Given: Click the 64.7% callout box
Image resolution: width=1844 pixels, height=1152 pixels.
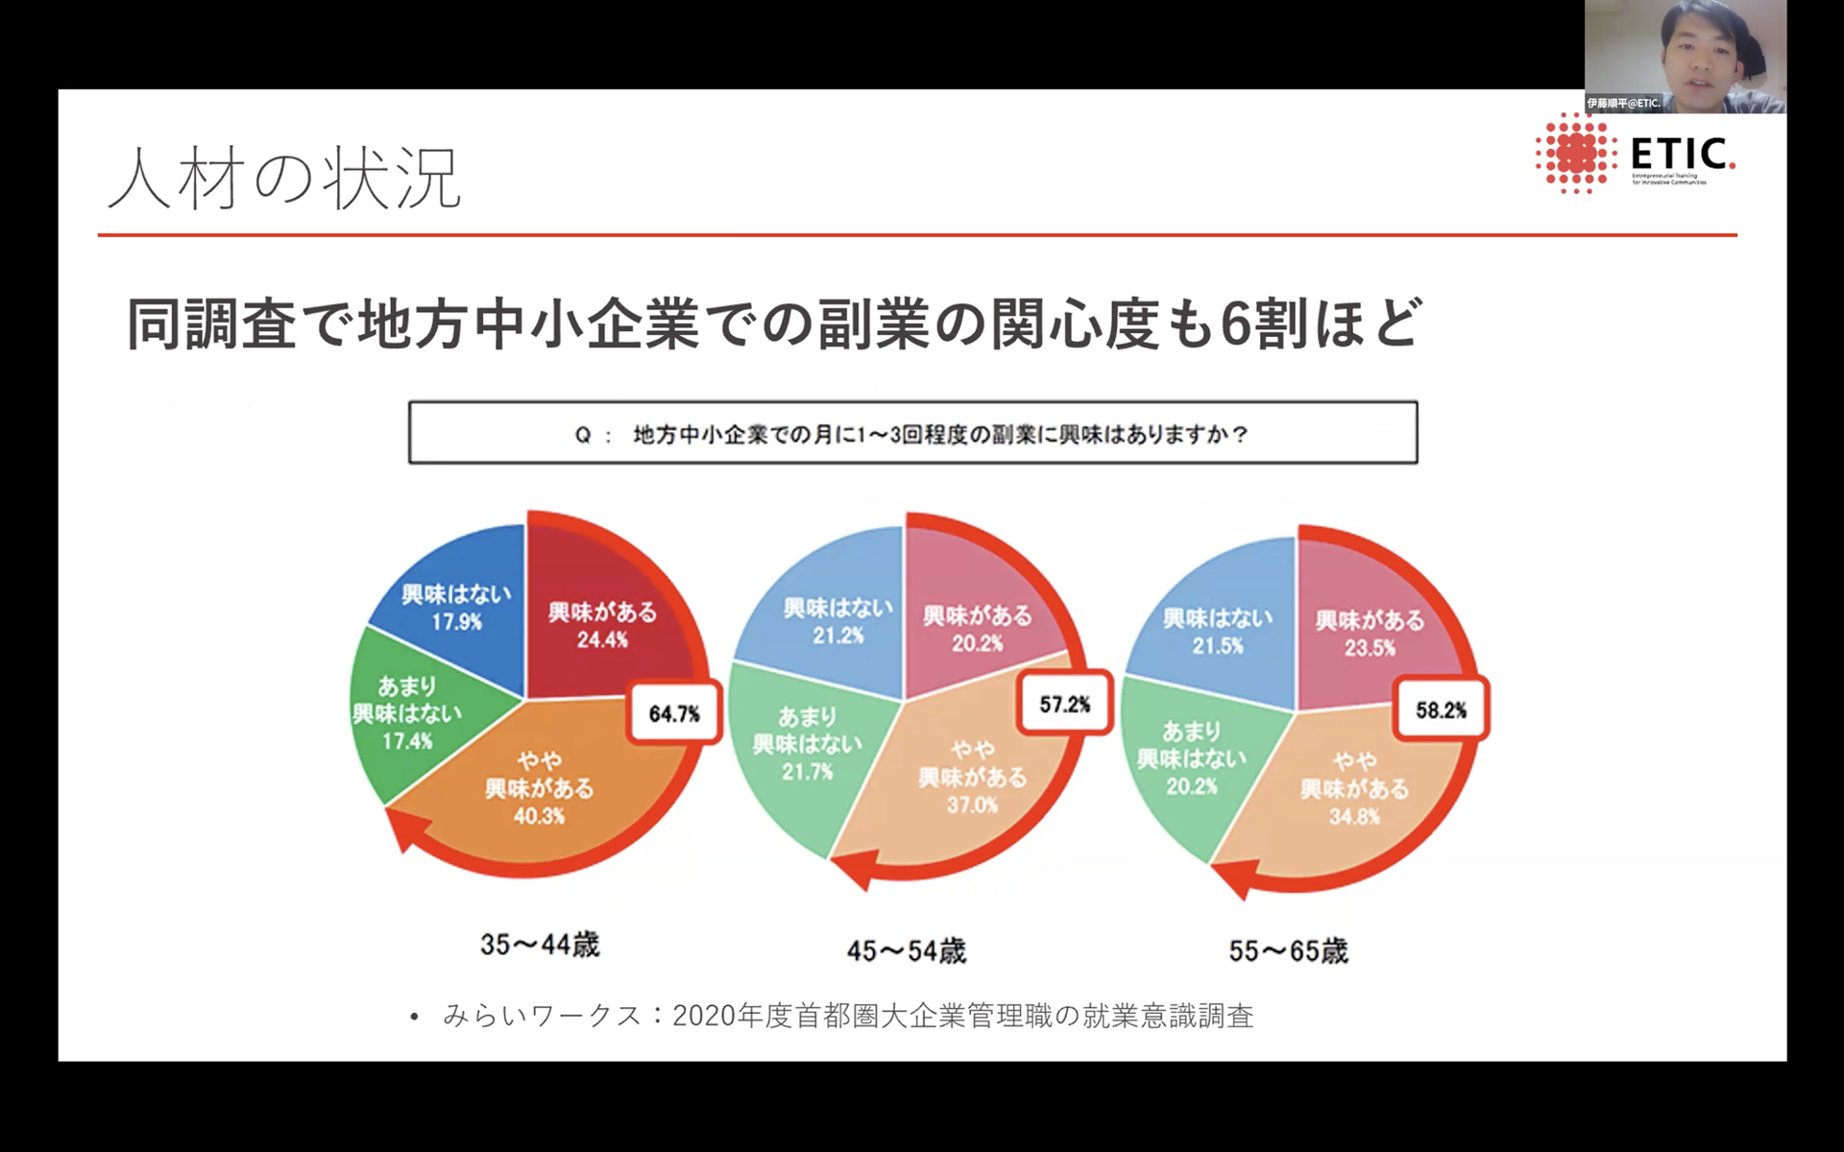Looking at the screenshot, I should click(673, 712).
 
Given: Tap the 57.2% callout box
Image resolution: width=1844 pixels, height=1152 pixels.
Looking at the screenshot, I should click(1064, 704).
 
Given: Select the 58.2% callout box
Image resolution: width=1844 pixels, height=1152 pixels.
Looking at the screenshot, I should click(1441, 709).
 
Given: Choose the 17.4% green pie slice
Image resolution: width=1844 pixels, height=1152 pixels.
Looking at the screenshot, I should click(407, 713).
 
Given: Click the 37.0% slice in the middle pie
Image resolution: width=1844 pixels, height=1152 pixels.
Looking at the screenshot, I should click(972, 778).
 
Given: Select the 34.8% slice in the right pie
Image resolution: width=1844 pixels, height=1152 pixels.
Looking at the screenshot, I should click(1354, 789).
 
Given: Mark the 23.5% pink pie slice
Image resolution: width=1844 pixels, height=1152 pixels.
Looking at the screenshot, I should click(1370, 633).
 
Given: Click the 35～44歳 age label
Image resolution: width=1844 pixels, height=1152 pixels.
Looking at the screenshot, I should click(540, 945).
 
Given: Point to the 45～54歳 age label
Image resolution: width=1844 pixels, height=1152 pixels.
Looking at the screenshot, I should click(906, 950).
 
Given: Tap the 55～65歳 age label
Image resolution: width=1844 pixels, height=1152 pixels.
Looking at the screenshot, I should click(1288, 950).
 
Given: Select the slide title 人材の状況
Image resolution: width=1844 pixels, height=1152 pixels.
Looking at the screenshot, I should click(285, 179).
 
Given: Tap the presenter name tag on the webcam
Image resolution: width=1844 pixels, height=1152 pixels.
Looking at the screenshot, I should click(1623, 103).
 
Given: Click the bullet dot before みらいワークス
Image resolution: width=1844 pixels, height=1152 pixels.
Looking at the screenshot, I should click(415, 1017).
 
